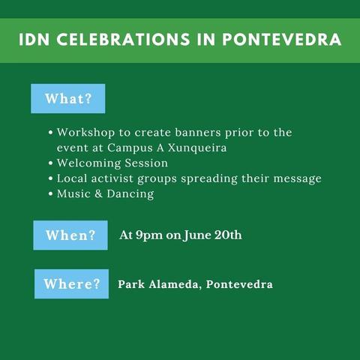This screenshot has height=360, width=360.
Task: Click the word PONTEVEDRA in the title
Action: tap(283, 39)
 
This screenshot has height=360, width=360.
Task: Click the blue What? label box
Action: tap(67, 99)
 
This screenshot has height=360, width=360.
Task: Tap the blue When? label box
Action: tap(70, 235)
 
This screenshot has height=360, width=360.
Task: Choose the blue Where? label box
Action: tap(71, 284)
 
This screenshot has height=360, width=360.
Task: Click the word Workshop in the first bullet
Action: tap(82, 132)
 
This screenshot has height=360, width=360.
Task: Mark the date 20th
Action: tap(227, 235)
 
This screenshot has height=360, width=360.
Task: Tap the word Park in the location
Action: tap(130, 284)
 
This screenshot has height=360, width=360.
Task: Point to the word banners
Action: tap(206, 132)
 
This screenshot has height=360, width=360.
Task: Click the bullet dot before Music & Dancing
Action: tap(50, 194)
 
